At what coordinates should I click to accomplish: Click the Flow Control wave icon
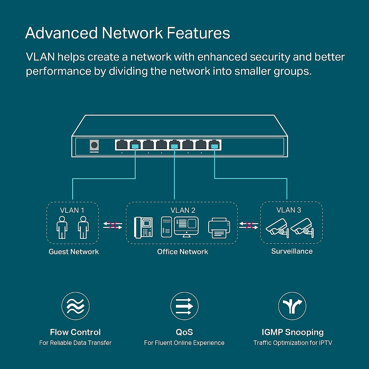75,306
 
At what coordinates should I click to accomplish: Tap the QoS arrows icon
184,306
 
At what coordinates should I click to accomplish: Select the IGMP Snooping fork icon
292,306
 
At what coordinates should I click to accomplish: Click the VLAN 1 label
72,210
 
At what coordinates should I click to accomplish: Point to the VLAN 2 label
183,210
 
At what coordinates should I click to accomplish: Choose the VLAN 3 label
288,210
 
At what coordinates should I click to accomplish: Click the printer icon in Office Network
219,228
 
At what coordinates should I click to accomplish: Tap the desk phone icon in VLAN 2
143,227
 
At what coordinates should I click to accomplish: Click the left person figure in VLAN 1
62,227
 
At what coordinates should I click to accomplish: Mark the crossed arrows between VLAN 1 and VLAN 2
113,225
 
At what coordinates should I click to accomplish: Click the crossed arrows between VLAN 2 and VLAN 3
249,225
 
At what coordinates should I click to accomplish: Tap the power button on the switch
94,145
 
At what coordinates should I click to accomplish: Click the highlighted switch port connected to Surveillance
214,145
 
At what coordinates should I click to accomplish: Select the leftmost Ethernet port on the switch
122,145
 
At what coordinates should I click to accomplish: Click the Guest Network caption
74,252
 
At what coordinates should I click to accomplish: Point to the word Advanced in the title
61,33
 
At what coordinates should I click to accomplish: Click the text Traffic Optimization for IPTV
292,343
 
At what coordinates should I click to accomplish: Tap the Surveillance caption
292,251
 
